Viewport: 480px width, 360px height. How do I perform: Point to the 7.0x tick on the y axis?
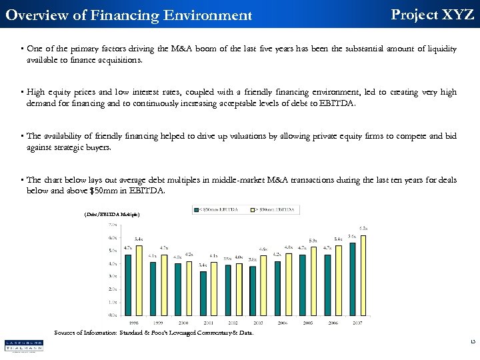point(113,225)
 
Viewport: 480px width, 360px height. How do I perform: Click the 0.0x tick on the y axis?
point(113,315)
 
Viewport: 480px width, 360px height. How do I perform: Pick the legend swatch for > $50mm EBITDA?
point(253,208)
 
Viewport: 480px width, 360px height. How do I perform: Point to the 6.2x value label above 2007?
point(363,228)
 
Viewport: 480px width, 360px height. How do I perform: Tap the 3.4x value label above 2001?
point(203,265)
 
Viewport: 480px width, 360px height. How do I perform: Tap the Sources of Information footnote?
point(153,333)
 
